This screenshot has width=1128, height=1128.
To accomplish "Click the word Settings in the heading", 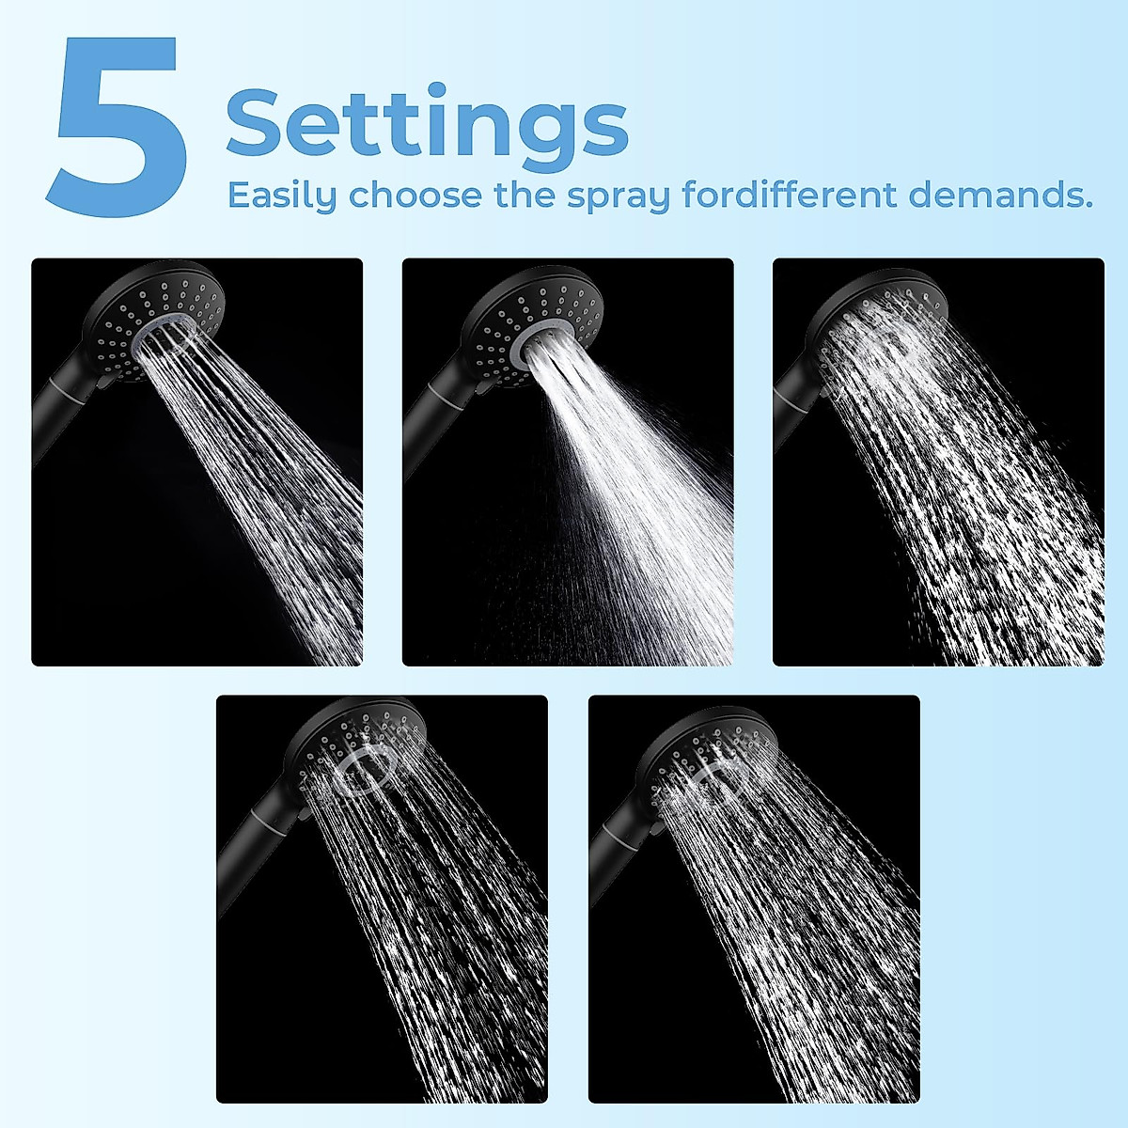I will pyautogui.click(x=427, y=122).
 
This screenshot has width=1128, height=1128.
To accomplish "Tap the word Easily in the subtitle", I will pyautogui.click(x=281, y=196).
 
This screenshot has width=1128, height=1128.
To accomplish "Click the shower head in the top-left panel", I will pyautogui.click(x=155, y=315).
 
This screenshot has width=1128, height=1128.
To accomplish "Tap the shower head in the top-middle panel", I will pyautogui.click(x=531, y=320).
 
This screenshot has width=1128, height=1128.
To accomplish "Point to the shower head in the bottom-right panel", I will pyautogui.click(x=710, y=752).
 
